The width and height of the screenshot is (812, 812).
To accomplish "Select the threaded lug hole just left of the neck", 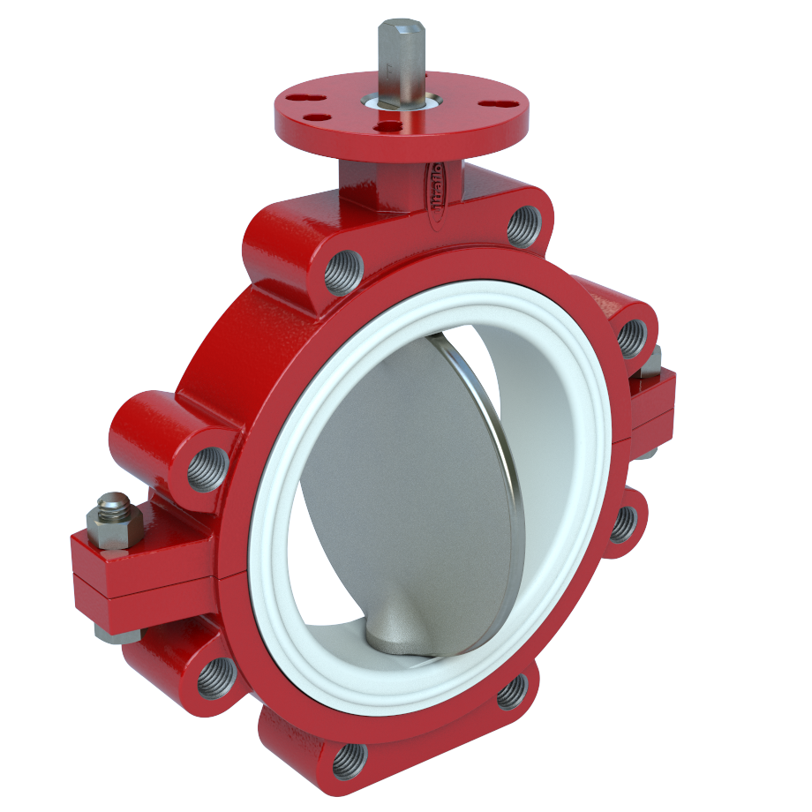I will click(x=343, y=271).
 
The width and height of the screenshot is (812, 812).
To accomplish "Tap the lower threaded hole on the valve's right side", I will click(x=623, y=524).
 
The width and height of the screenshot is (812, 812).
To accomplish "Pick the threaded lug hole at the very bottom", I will click(x=350, y=759).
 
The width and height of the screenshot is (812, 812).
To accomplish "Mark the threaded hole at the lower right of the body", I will click(x=512, y=691).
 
